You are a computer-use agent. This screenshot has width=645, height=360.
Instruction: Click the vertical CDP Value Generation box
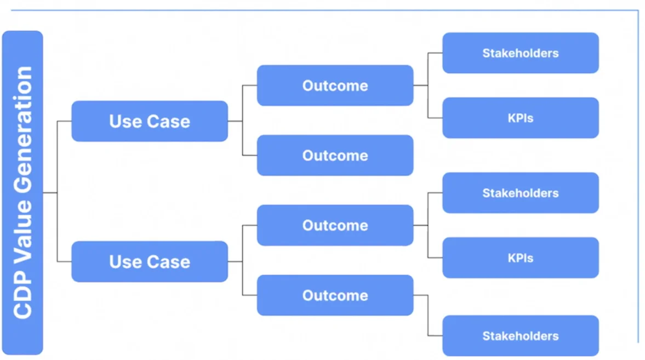click(x=22, y=192)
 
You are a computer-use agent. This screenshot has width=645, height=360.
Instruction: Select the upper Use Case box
click(x=150, y=121)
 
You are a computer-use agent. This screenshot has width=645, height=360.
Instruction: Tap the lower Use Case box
click(x=150, y=261)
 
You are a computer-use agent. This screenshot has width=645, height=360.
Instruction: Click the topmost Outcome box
click(x=335, y=85)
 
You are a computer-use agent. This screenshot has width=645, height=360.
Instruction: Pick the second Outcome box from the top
click(x=335, y=155)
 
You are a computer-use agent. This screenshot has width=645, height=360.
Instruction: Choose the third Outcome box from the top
click(x=335, y=225)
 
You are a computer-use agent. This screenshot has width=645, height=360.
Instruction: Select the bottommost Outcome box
click(x=335, y=295)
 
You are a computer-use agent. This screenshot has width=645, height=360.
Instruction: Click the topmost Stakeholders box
click(x=520, y=53)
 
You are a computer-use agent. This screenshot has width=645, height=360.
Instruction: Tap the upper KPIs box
click(x=520, y=118)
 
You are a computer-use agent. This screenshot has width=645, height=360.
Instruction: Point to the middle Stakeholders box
click(x=520, y=193)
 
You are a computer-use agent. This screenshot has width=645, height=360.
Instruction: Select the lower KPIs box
click(x=520, y=258)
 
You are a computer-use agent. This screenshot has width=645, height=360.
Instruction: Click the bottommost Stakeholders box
click(x=520, y=336)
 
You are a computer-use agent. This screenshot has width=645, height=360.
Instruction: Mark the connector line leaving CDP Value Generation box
click(x=50, y=192)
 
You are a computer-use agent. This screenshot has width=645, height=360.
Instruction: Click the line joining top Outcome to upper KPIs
click(x=428, y=104)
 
